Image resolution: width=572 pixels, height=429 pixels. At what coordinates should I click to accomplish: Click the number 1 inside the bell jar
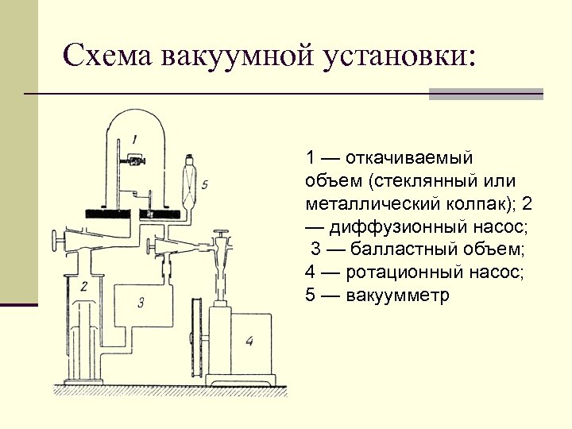click(136, 139)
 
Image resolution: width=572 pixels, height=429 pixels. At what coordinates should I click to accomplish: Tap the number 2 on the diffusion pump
click(83, 283)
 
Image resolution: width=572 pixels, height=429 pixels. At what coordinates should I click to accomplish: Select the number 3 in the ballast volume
click(141, 301)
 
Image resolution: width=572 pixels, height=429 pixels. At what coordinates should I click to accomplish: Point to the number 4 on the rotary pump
click(249, 342)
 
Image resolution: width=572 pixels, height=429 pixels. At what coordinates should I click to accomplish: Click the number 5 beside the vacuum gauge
click(204, 184)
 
